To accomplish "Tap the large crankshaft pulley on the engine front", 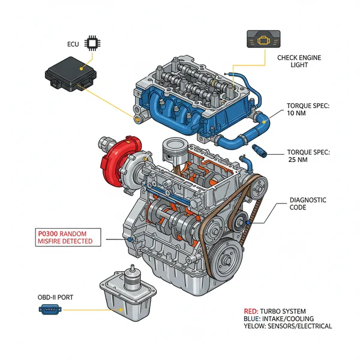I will [x=231, y=259].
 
